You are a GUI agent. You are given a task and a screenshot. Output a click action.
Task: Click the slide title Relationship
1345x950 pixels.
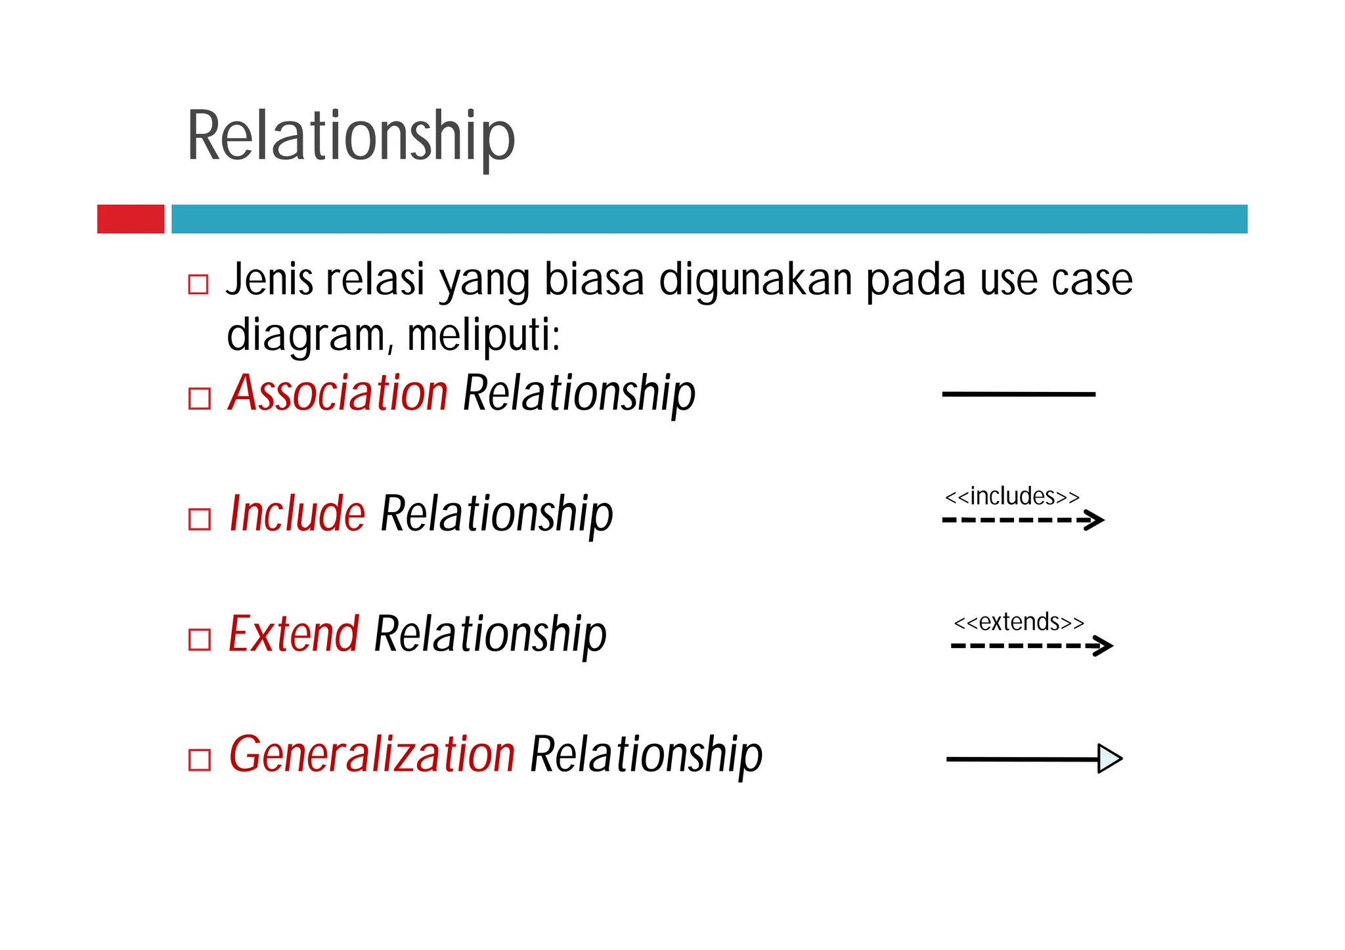point(351,136)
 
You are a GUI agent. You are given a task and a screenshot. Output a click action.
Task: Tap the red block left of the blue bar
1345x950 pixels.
point(131,219)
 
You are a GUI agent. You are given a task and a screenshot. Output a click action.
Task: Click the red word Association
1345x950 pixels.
point(338,393)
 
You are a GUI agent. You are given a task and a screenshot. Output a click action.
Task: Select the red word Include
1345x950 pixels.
point(297,513)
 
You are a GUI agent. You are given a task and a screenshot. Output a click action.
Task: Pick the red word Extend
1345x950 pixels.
point(294,634)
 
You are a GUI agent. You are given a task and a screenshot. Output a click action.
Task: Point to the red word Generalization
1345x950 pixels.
point(372,754)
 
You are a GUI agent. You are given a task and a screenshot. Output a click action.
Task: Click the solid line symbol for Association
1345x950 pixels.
point(1019,394)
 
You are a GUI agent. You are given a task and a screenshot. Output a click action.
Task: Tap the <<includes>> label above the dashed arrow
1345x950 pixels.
point(1011,496)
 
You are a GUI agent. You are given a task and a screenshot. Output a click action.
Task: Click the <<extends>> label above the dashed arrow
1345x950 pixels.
point(1019,622)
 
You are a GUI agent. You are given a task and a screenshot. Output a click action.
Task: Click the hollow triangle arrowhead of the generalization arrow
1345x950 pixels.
point(1109,759)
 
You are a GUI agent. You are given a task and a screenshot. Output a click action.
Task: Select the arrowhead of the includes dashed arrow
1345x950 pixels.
point(1095,520)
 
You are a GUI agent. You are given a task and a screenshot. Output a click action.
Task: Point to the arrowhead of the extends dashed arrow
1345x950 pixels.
point(1104,645)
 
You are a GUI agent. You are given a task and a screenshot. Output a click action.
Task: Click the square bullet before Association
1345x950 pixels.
point(199,399)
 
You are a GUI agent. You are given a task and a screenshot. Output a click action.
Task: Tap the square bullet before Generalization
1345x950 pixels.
point(199,760)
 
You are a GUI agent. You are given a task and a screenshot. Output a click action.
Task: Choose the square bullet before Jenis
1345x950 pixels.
point(198,284)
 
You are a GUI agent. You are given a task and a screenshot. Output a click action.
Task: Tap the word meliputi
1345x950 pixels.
point(483,335)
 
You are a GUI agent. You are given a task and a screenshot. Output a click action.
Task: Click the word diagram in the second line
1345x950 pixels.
point(305,335)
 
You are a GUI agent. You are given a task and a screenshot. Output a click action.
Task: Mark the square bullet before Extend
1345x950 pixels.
point(199,639)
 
